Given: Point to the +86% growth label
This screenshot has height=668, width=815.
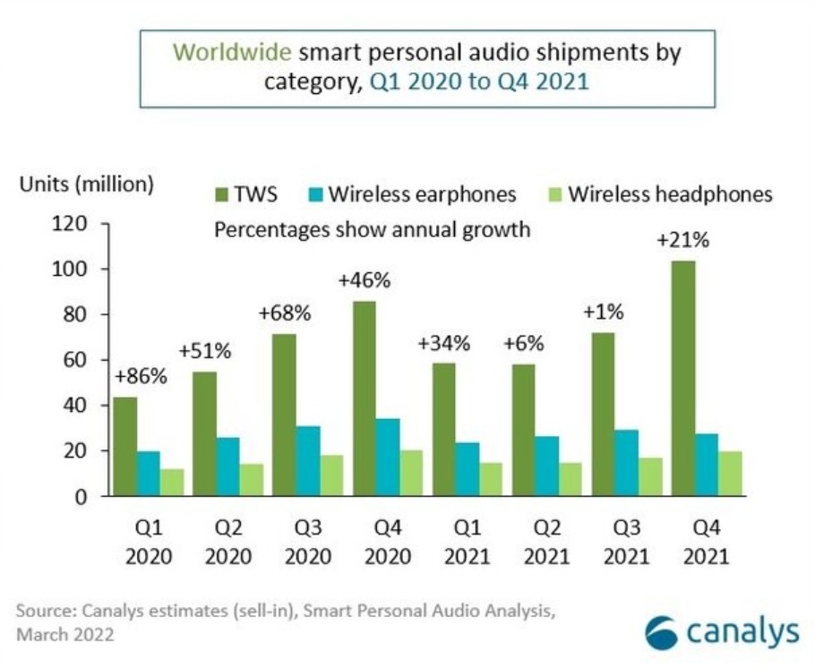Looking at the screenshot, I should (141, 375).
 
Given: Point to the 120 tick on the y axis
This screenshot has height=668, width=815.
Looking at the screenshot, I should (72, 224).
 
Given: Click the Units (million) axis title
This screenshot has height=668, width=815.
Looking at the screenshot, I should (86, 185).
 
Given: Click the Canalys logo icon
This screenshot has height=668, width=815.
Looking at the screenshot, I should (663, 631).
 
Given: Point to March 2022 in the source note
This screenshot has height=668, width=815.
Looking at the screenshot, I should (65, 635).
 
